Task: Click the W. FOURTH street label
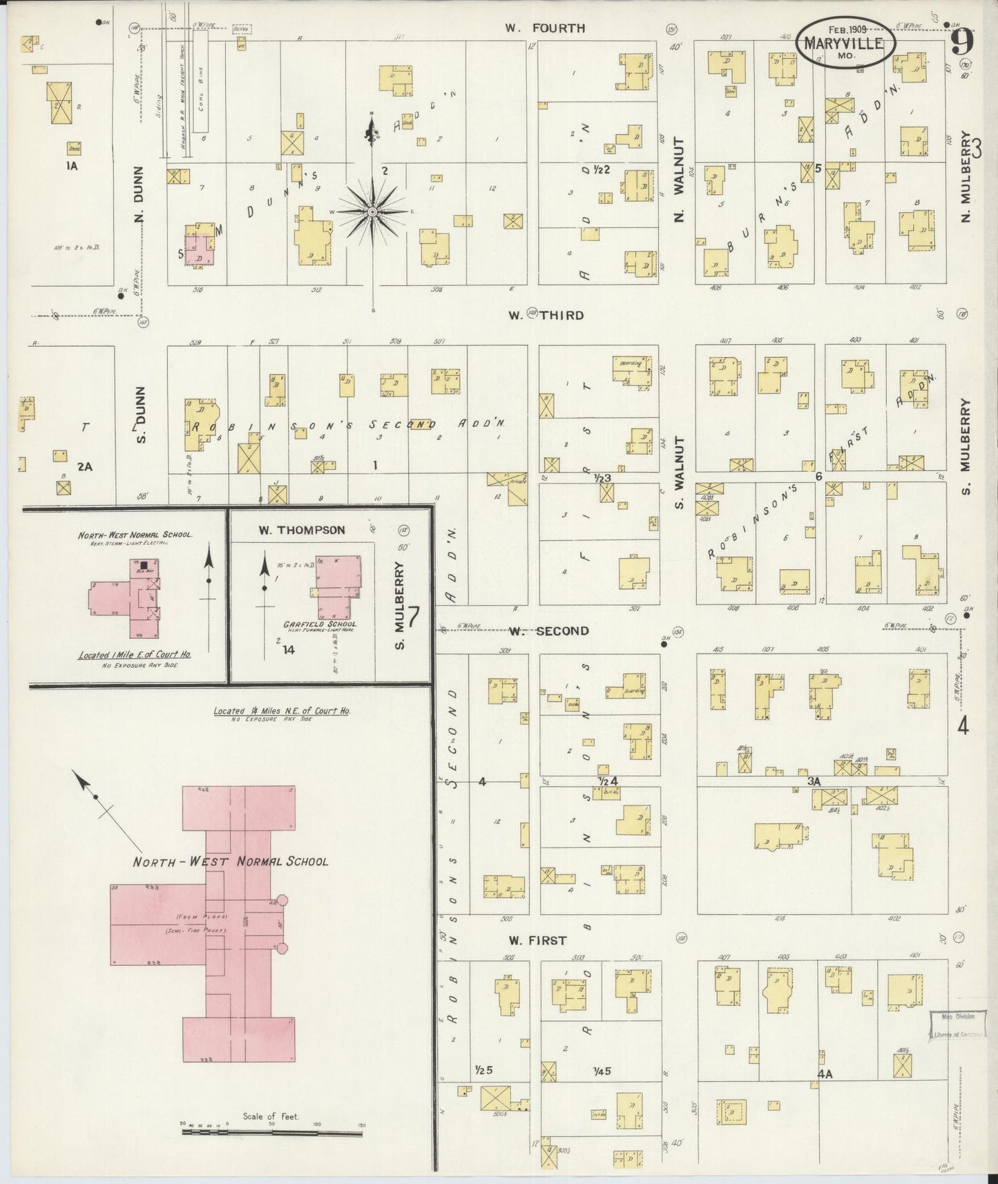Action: click(544, 28)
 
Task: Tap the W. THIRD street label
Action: click(546, 315)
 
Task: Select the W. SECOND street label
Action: click(549, 631)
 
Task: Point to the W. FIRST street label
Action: click(537, 940)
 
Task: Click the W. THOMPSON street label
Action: click(302, 530)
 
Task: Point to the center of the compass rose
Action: click(372, 211)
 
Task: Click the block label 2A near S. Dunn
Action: click(84, 466)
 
